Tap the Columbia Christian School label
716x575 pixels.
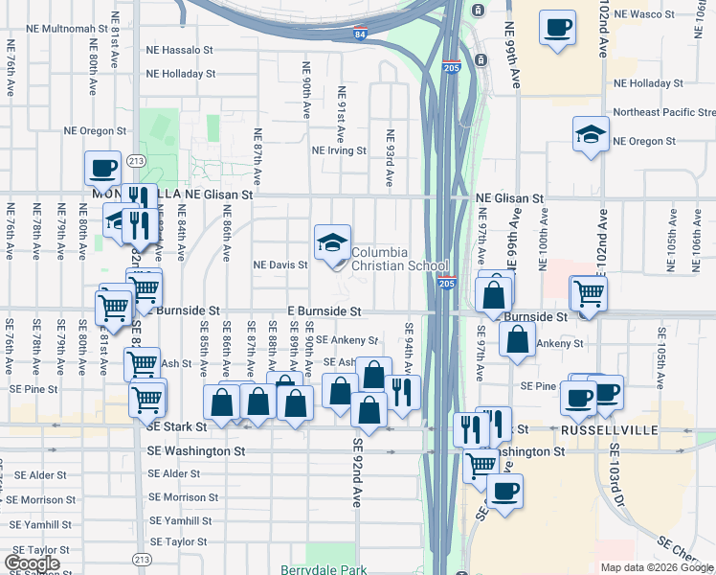pos(399,260)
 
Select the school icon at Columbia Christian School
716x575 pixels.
pos(332,242)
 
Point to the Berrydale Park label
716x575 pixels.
pos(324,570)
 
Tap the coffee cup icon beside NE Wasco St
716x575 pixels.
pos(557,28)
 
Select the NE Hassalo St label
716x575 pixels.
pos(179,50)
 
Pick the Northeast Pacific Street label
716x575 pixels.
pos(663,112)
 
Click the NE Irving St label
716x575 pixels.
pos(339,150)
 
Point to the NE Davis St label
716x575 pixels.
pos(280,264)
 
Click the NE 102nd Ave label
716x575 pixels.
pos(604,34)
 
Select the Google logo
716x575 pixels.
pos(32,563)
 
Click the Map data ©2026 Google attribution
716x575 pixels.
pos(657,567)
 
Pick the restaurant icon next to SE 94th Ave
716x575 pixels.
pos(402,392)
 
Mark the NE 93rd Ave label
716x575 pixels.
pos(390,157)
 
